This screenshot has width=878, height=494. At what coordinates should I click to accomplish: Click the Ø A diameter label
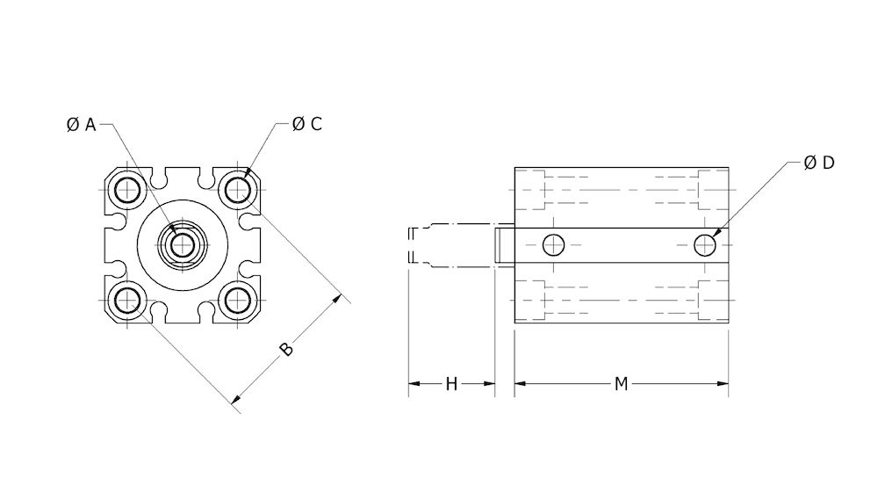pos(81,125)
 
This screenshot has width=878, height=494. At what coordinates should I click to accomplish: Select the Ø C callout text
pos(307,124)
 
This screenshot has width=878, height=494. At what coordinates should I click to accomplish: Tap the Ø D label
pos(818,163)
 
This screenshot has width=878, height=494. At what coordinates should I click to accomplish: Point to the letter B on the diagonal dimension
pos(285,349)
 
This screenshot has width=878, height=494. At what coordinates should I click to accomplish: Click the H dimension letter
pos(451,384)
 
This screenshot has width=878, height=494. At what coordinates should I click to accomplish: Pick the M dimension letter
pos(621,384)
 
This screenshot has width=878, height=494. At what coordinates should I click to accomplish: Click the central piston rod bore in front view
pos(182,244)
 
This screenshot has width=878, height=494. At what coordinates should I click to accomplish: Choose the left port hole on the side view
pos(553,244)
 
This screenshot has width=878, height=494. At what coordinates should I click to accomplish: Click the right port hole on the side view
pos(705,244)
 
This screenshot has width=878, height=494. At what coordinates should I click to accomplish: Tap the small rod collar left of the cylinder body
pos(504,244)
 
